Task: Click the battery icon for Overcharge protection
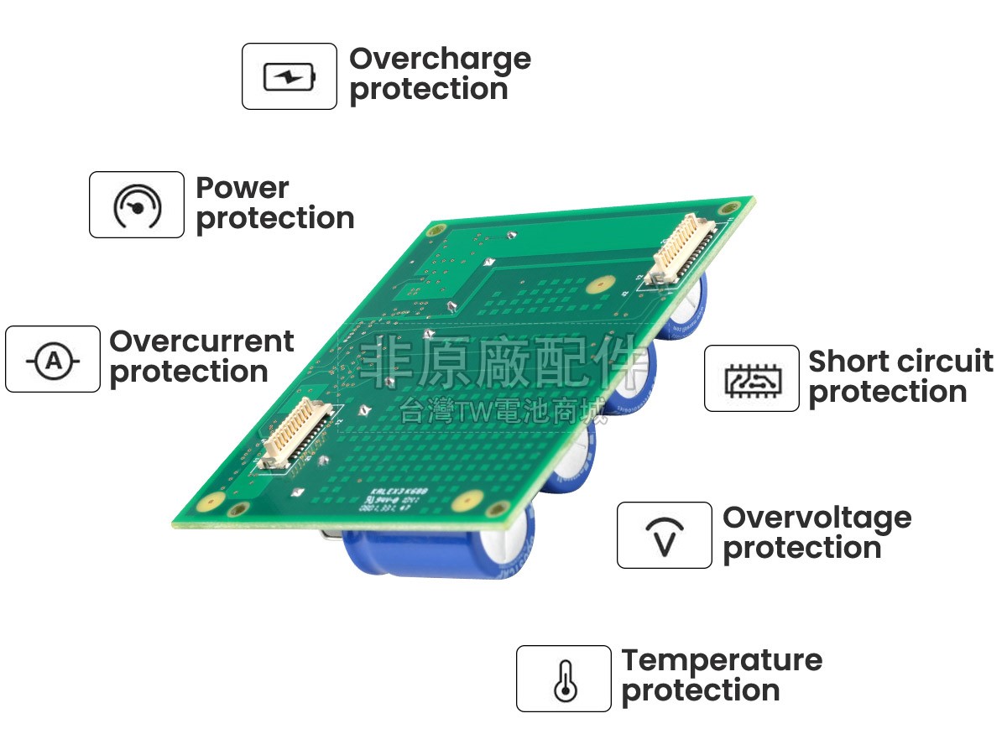coord(290,77)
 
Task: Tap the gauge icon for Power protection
coord(137,206)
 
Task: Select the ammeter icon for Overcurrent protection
coord(53,360)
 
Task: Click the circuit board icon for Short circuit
coord(751,379)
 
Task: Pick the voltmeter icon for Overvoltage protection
coord(664,536)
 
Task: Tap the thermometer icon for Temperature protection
coord(564,679)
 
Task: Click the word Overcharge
coord(440,60)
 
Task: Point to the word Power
coord(242,188)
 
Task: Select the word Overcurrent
coord(201,342)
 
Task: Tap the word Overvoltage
coord(817,518)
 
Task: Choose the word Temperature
coord(722,660)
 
